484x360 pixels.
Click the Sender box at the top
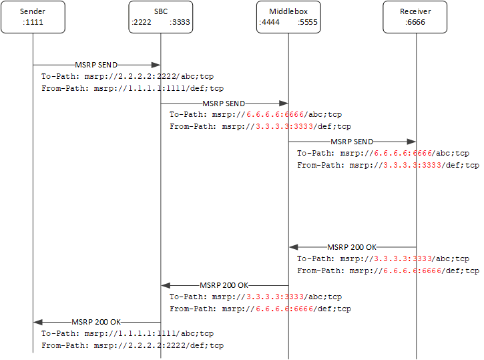tap(33, 17)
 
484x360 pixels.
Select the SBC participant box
tap(160, 17)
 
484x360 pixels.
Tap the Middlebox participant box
tap(288, 17)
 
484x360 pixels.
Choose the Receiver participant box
tap(415, 17)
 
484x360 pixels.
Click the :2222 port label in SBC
tap(142, 22)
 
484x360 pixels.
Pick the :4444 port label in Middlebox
tap(270, 22)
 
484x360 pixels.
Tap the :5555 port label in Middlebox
tap(307, 22)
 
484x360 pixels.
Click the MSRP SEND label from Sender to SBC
tap(96, 65)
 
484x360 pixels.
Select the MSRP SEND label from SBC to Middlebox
tap(224, 104)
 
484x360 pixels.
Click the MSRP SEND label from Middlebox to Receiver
tap(352, 142)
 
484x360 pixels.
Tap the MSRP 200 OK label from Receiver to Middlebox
tap(352, 247)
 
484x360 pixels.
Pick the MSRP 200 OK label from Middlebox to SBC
tap(224, 285)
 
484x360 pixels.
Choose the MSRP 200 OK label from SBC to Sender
tap(96, 322)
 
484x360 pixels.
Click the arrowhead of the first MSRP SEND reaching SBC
tap(156, 65)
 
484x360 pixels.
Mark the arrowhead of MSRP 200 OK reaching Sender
tap(38, 322)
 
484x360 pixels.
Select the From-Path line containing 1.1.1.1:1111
tap(132, 88)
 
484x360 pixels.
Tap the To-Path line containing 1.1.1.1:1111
tap(127, 334)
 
